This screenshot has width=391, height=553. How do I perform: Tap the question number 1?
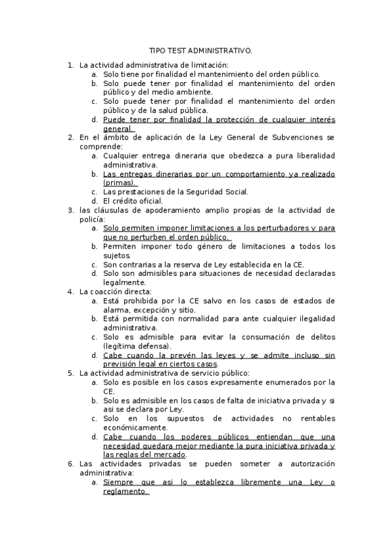click(x=70, y=65)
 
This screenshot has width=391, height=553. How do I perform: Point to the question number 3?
click(x=70, y=210)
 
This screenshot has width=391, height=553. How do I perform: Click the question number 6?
click(x=70, y=464)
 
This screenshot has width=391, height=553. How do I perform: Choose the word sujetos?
click(x=117, y=256)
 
